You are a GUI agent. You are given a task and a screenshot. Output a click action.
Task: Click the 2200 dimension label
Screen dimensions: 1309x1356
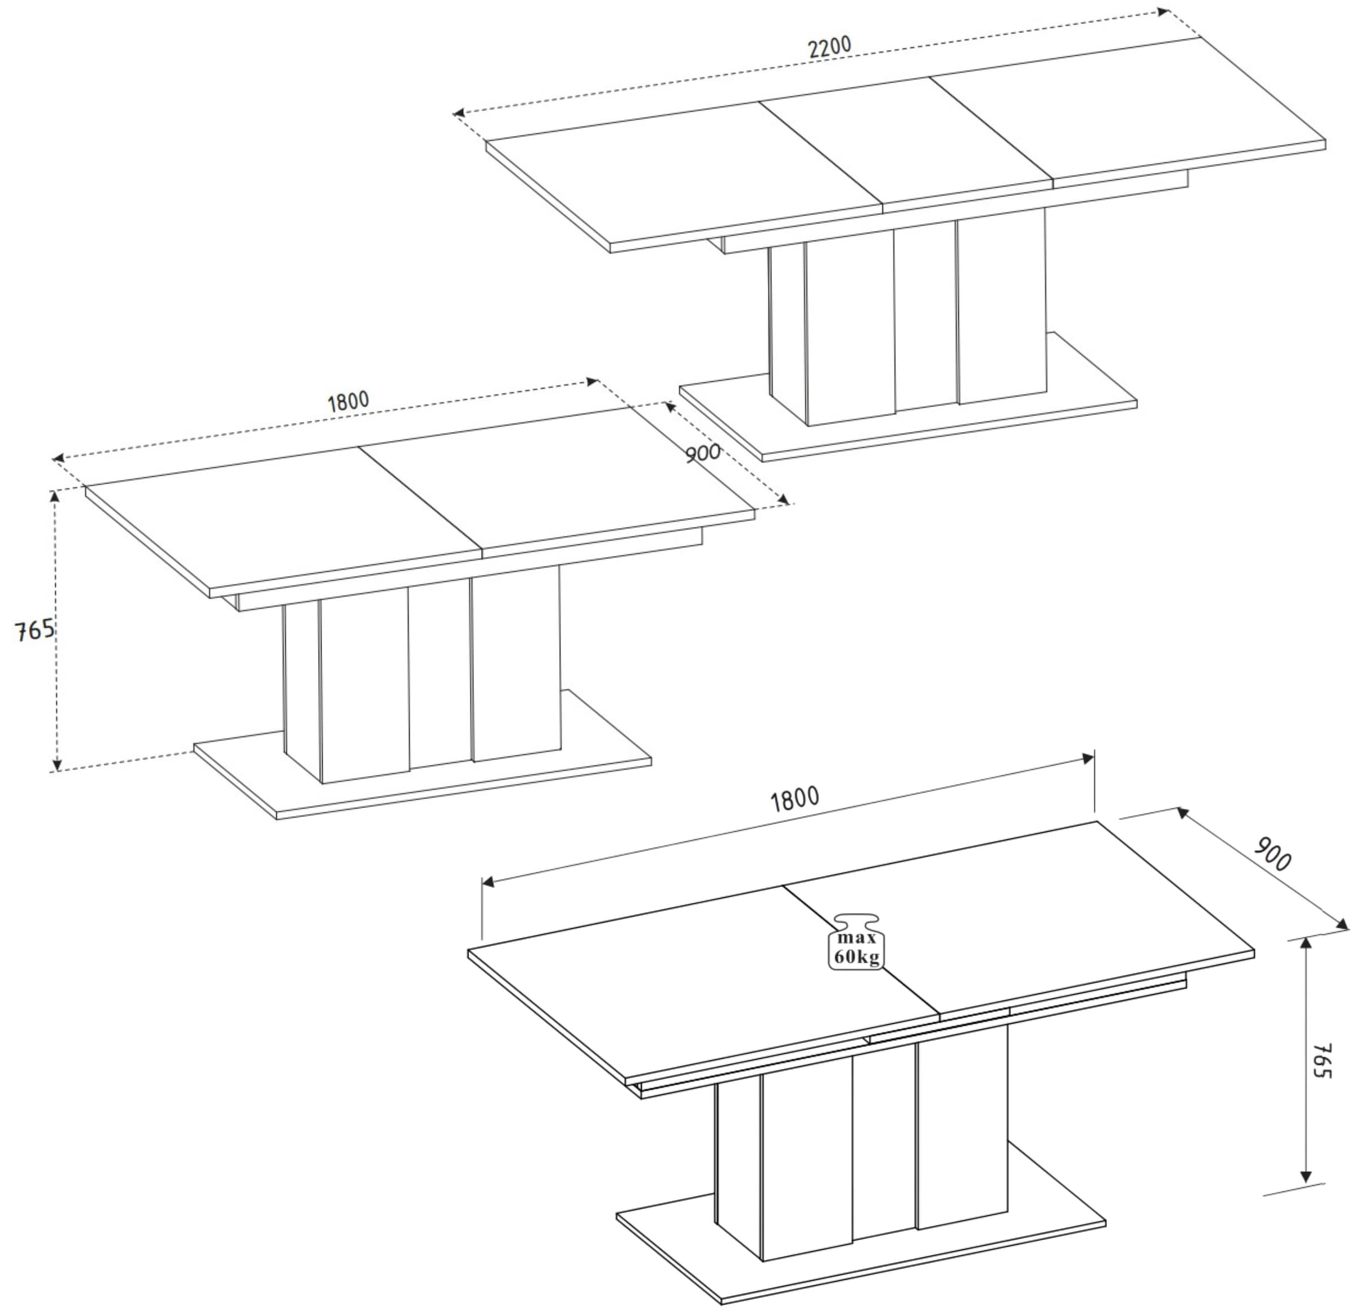pos(829,46)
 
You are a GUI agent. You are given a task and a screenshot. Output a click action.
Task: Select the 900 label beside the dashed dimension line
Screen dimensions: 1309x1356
pos(703,453)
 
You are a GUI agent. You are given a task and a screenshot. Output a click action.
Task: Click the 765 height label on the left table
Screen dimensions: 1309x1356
pos(34,630)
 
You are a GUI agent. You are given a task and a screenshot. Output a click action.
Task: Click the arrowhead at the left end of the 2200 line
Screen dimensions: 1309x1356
pos(458,113)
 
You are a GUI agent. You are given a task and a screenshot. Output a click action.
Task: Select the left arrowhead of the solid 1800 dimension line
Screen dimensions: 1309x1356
pos(487,881)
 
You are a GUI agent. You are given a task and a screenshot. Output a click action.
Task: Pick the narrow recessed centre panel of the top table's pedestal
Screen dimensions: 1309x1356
pos(925,318)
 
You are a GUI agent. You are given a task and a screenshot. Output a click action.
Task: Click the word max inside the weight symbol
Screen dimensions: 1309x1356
pos(857,938)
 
